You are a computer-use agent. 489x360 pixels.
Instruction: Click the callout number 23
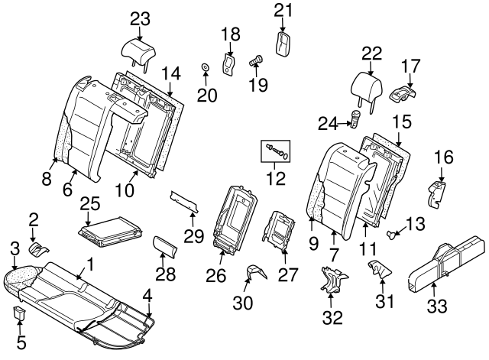pyautogui.click(x=140, y=18)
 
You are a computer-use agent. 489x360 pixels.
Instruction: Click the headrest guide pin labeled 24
pyautogui.click(x=355, y=117)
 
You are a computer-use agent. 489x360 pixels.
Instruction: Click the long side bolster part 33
pyautogui.click(x=446, y=264)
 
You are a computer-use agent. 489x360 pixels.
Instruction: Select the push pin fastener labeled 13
pyautogui.click(x=393, y=233)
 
